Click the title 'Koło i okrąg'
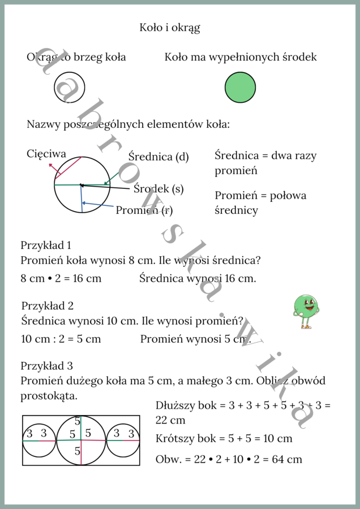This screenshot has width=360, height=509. tap(170, 27)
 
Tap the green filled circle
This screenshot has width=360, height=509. tap(240, 88)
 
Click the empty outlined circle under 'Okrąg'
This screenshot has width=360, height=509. tap(69, 88)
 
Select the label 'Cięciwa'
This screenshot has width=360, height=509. tap(46, 154)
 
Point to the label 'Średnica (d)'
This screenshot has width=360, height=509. tap(158, 157)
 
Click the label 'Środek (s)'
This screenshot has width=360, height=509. tap(158, 189)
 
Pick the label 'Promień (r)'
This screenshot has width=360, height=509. tap(144, 210)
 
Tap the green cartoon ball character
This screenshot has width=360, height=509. tap(306, 310)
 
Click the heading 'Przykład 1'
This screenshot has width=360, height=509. tap(46, 245)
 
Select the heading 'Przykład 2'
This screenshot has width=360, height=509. tap(48, 306)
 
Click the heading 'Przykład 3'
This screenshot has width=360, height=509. tap(46, 366)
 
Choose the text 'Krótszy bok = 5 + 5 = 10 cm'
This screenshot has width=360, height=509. tap(224, 438)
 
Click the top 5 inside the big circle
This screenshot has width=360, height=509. tap(78, 421)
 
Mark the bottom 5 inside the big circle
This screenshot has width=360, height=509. tap(78, 451)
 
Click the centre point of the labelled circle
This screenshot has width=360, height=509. tap(81, 184)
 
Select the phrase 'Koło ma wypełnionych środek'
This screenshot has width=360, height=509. tap(241, 57)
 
